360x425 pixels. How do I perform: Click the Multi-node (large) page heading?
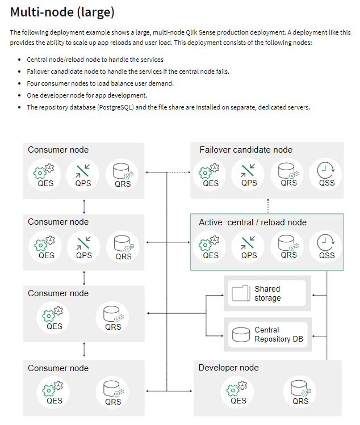pyautogui.click(x=62, y=11)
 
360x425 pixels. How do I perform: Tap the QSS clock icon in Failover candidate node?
pyautogui.click(x=326, y=169)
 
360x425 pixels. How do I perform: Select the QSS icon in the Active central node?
pyautogui.click(x=326, y=241)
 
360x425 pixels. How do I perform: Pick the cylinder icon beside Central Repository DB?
pyautogui.click(x=241, y=334)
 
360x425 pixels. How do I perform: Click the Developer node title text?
pyautogui.click(x=228, y=368)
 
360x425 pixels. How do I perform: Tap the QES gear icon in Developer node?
pyautogui.click(x=238, y=388)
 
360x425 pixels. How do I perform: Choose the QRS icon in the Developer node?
pyautogui.click(x=300, y=388)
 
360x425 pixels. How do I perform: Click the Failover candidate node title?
pyautogui.click(x=246, y=150)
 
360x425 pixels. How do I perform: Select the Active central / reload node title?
pyautogui.click(x=252, y=222)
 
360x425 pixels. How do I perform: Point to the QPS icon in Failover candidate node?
pyautogui.click(x=249, y=169)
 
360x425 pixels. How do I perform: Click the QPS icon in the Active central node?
pyautogui.click(x=249, y=241)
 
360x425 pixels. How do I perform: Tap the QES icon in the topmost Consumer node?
pyautogui.click(x=47, y=169)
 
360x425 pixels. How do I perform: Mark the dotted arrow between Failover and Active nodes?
pyautogui.click(x=267, y=205)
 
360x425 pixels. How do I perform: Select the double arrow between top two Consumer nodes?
pyautogui.click(x=84, y=205)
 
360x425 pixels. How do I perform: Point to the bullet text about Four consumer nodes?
pyautogui.click(x=100, y=83)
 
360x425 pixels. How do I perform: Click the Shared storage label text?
pyautogui.click(x=267, y=293)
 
